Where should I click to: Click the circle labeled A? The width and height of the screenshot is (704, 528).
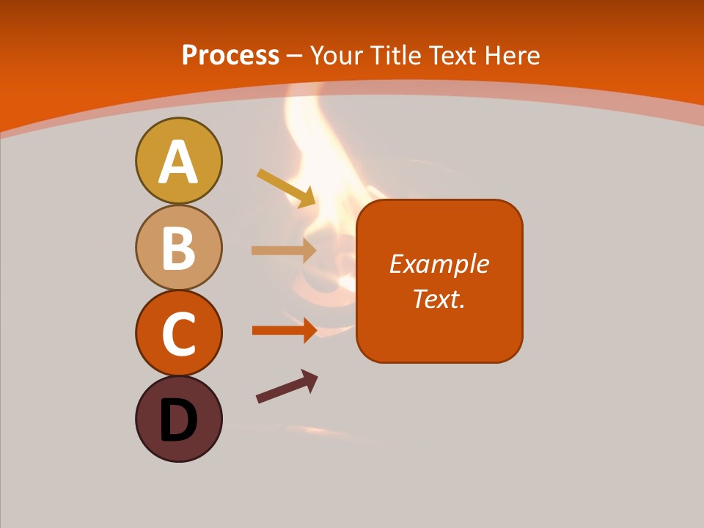coord(178,161)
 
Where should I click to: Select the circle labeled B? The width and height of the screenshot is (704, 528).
coord(178,247)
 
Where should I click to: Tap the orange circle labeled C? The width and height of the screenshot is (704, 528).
coord(178,333)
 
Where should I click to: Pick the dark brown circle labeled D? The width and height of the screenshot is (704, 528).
coord(178,419)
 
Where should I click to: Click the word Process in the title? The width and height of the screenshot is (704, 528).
coord(230,55)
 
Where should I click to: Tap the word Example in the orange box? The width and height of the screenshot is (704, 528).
coord(439,264)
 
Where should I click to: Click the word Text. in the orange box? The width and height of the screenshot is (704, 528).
coord(439,298)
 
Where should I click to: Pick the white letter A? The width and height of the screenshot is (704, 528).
coord(178,162)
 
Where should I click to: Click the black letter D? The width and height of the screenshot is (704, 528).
coord(178,420)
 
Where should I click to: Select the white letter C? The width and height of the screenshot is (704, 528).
coord(178,334)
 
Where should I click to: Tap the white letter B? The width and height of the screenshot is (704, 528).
coord(178,248)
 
